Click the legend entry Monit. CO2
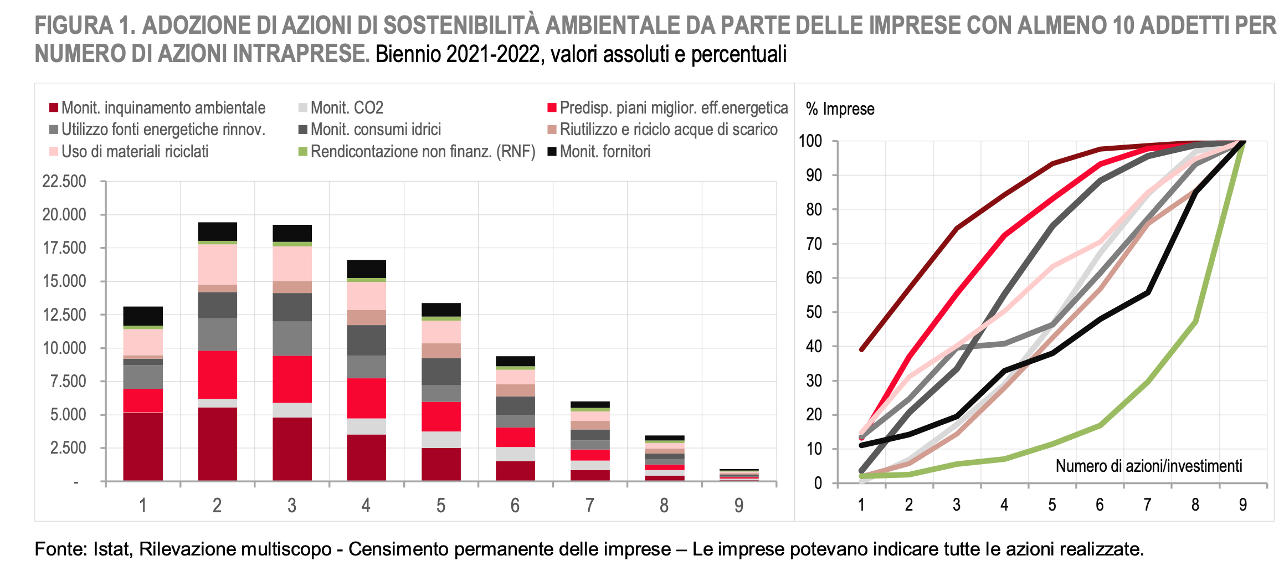coord(346,107)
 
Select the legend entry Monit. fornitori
coord(604,151)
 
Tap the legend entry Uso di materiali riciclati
coord(135,151)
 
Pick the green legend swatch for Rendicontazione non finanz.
coord(302,151)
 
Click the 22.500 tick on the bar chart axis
coord(64,181)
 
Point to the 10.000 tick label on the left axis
coord(64,348)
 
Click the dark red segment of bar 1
coord(143,446)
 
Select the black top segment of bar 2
coord(217,231)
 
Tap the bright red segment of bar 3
coord(292,379)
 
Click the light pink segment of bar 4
coord(366,296)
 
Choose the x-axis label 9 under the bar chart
coord(738,505)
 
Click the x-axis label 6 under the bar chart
coord(515,505)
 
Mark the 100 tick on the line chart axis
coord(810,141)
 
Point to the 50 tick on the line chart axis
coord(814,312)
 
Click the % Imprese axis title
coord(840,109)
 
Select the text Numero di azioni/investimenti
coord(1148,466)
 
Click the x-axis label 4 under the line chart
coord(1004,505)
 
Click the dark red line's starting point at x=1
coord(861,349)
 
